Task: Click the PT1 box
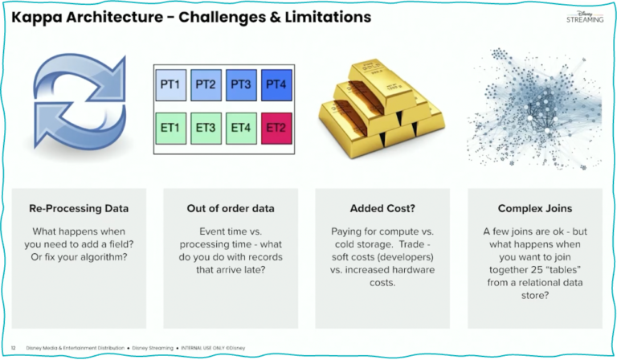pyautogui.click(x=170, y=84)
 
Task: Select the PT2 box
pyautogui.click(x=205, y=84)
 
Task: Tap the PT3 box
pyautogui.click(x=240, y=84)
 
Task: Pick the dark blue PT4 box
pyautogui.click(x=276, y=84)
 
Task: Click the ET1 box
pyautogui.click(x=170, y=127)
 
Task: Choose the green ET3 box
pyautogui.click(x=205, y=127)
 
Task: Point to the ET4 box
pyautogui.click(x=240, y=127)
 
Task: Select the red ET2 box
pyautogui.click(x=276, y=127)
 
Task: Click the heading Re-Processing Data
pyautogui.click(x=79, y=208)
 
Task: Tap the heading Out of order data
pyautogui.click(x=230, y=208)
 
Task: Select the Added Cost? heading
pyautogui.click(x=382, y=208)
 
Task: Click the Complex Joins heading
pyautogui.click(x=534, y=208)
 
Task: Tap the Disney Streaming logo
pyautogui.click(x=583, y=17)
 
